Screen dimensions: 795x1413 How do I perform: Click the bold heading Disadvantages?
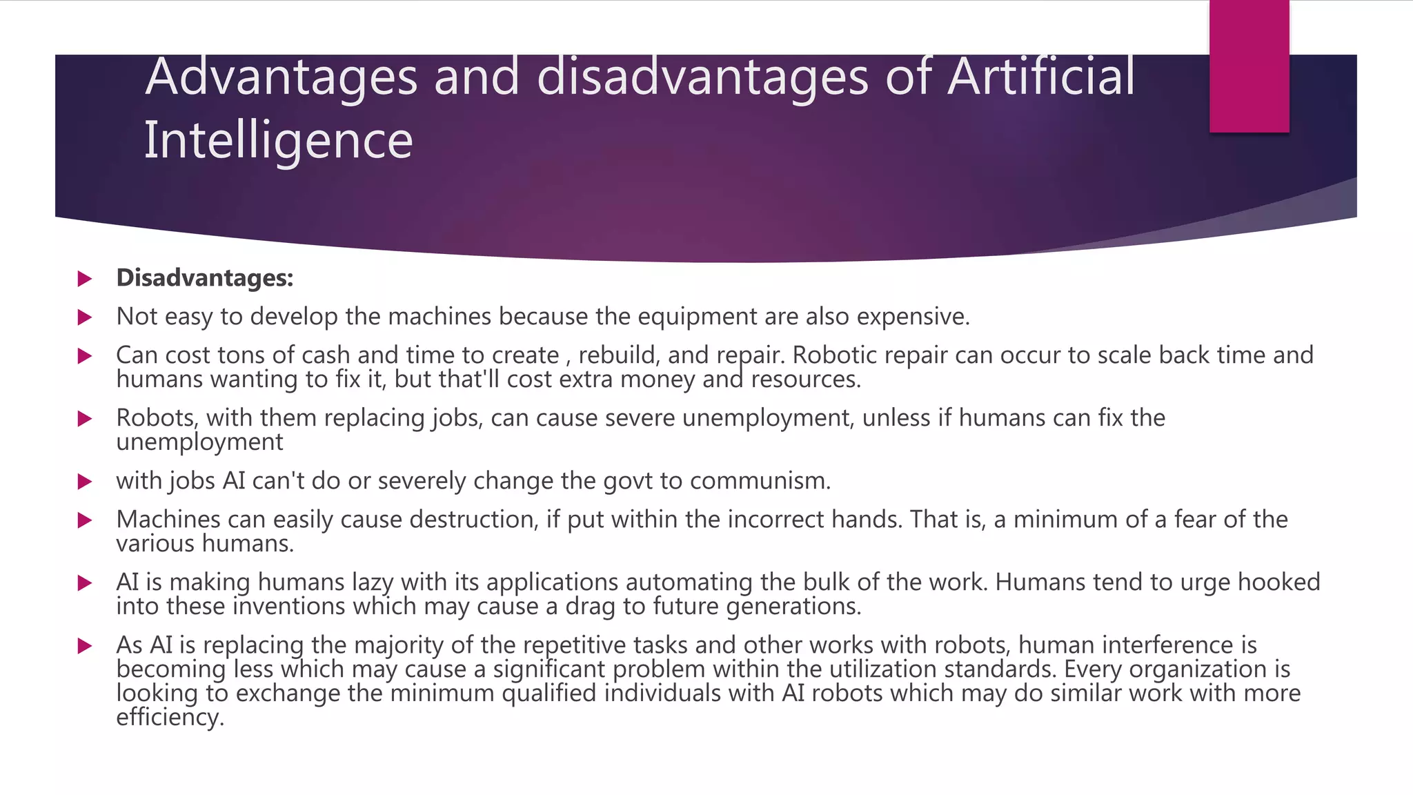click(x=205, y=278)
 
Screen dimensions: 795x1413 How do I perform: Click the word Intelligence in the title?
click(x=278, y=140)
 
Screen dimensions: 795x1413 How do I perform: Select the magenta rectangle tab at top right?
click(x=1249, y=66)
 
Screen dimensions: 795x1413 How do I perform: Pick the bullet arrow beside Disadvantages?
click(x=85, y=279)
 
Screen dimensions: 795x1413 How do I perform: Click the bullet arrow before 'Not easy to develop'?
click(x=85, y=317)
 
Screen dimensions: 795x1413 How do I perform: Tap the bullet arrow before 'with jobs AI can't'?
click(x=85, y=482)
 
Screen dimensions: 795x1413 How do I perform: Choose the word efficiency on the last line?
click(x=170, y=717)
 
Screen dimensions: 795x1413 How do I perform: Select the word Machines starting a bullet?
click(x=168, y=520)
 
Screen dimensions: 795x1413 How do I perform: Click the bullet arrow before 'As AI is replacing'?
click(x=85, y=646)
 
